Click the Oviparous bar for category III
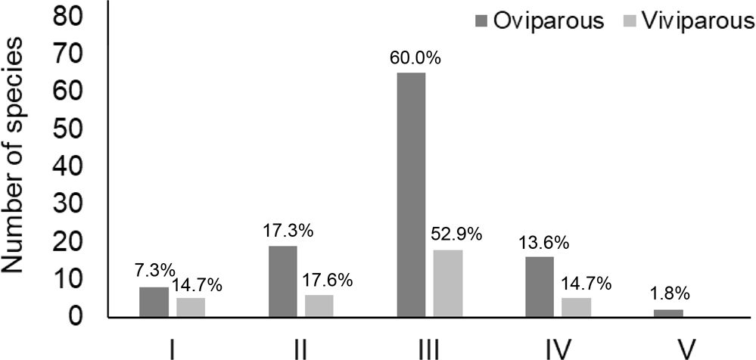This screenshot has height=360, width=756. click(x=410, y=194)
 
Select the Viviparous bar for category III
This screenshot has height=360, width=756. click(x=447, y=284)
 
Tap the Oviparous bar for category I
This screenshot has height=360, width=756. click(x=154, y=302)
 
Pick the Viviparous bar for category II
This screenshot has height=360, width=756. click(x=319, y=306)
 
